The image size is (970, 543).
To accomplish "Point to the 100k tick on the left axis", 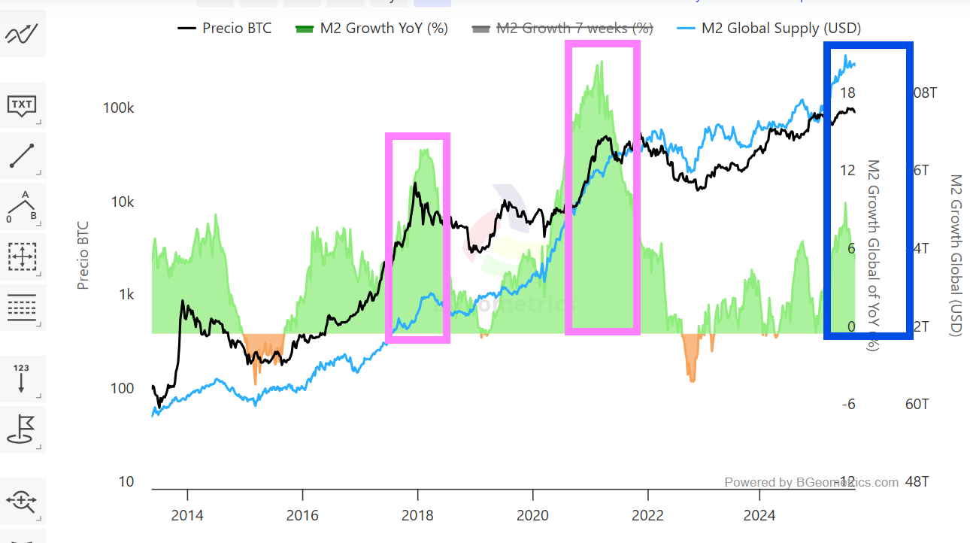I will pos(118,108).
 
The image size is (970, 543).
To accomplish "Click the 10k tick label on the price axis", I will pos(122,202).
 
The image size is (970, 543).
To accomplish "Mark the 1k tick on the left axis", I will pos(125,295).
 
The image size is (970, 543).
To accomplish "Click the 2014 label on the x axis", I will pos(186,515).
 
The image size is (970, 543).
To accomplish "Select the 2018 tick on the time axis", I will pos(417,515).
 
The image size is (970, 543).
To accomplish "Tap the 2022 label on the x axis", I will pos(647,515).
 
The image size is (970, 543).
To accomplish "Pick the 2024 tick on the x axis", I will pos(759,515).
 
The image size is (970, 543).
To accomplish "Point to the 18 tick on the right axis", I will pos(847,93).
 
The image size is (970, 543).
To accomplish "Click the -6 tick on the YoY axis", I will pos(847,405).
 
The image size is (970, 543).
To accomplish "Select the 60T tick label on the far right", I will pos(917,405).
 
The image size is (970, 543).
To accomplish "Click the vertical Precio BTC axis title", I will pos(83,256).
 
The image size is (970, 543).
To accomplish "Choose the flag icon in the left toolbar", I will pos(22,429).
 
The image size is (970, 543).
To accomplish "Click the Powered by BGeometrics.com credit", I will pos(811,482).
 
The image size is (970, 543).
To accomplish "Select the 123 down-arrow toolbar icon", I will pos(22,378).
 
